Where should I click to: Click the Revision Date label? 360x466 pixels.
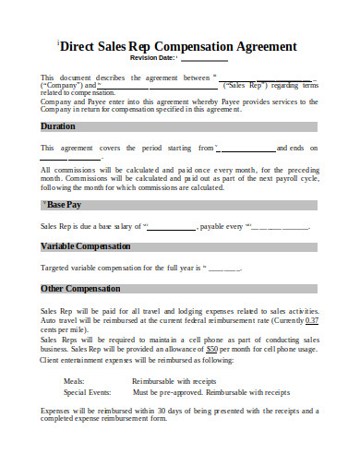click(x=154, y=58)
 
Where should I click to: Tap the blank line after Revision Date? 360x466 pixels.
click(x=203, y=59)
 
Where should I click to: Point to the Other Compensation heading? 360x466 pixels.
click(x=82, y=290)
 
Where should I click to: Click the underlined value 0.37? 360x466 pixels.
click(x=311, y=319)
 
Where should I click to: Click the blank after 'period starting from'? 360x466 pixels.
click(x=248, y=148)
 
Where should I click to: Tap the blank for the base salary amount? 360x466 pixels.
click(x=172, y=226)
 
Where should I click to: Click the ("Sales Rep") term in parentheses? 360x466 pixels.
click(x=244, y=84)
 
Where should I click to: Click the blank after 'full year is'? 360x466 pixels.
click(x=224, y=269)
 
